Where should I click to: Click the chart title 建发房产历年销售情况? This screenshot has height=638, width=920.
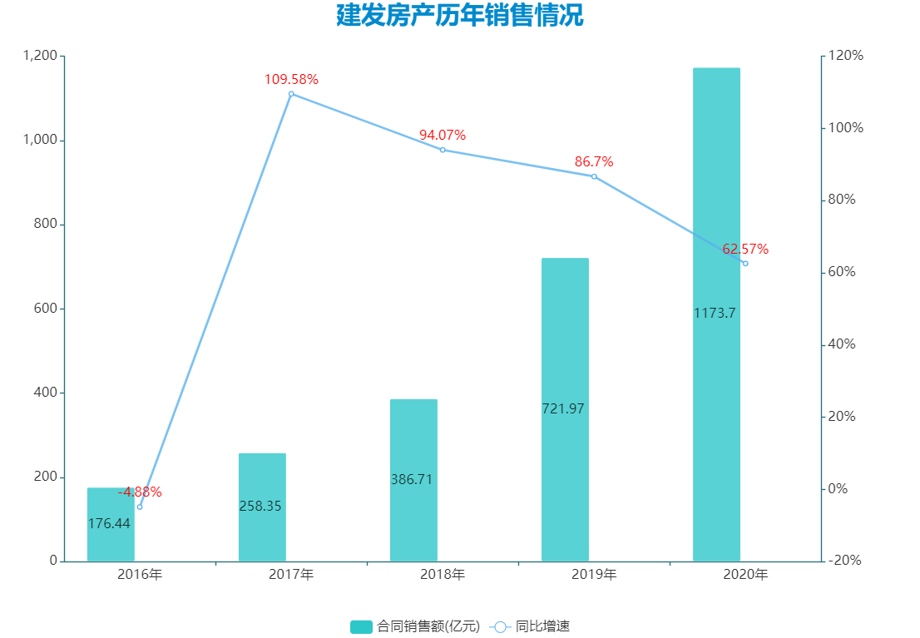point(459,16)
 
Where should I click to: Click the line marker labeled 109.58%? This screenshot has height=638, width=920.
point(291,94)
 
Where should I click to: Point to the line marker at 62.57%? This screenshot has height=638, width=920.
point(745,264)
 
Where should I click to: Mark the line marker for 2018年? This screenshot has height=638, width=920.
point(443,150)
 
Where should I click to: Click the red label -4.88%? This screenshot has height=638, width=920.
point(140,492)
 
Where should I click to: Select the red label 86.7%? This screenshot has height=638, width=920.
point(594,161)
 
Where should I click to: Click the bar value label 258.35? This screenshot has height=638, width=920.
point(260,506)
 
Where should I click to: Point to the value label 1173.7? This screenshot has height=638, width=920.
point(715,314)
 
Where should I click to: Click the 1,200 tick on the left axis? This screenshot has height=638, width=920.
point(40,56)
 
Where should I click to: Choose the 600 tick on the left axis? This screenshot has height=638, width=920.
point(47,309)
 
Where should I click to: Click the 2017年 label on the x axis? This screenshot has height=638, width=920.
point(291,575)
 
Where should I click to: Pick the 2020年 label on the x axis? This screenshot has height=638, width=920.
point(745,575)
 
